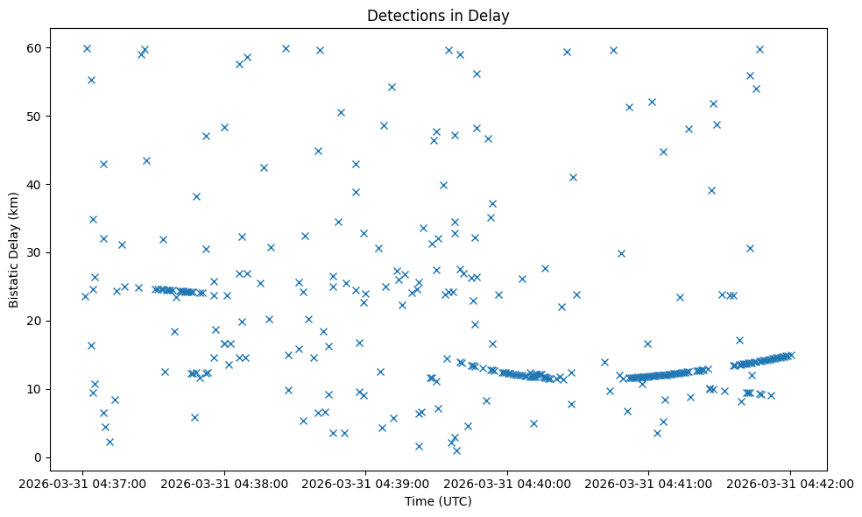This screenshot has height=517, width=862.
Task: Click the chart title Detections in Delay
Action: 438,16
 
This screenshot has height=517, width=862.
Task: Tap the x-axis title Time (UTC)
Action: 438,501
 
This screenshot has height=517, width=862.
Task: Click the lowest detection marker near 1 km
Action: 456,450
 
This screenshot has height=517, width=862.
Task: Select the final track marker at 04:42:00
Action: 790,355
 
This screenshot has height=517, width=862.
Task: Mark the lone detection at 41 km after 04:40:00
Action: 573,177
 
